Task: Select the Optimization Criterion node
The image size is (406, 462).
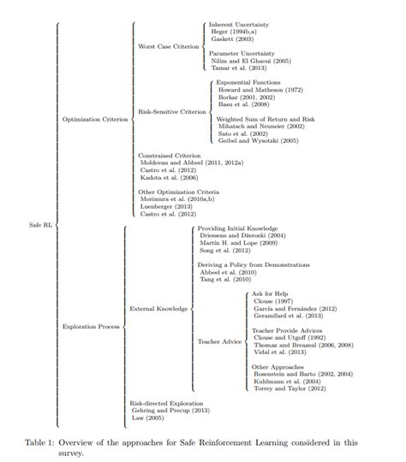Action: pyautogui.click(x=95, y=119)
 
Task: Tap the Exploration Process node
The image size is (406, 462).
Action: pyautogui.click(x=92, y=326)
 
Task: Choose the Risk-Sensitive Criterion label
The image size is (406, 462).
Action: pyautogui.click(x=172, y=111)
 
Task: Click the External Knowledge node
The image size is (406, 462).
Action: pyautogui.click(x=158, y=307)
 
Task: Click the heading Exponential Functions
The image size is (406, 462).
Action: pyautogui.click(x=248, y=82)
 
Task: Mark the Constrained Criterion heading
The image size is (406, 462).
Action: pyautogui.click(x=170, y=155)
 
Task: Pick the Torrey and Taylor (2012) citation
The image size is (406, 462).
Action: pyautogui.click(x=290, y=388)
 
